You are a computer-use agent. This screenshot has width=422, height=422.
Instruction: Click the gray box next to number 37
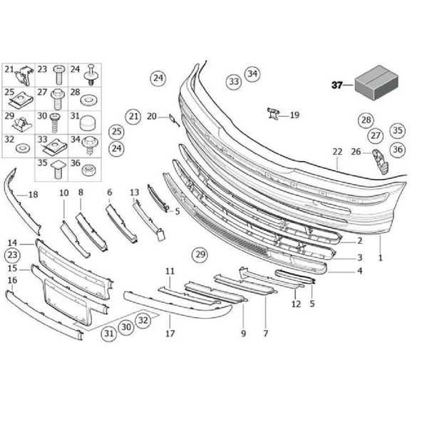click(376, 83)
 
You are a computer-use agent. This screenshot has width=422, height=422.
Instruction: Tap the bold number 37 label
click(336, 85)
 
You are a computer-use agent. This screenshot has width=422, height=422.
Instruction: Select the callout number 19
click(294, 115)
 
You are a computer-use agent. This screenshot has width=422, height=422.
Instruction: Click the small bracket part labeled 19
click(273, 113)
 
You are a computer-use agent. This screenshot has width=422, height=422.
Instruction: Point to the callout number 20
click(152, 116)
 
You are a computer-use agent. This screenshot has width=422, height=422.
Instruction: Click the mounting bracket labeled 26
click(380, 161)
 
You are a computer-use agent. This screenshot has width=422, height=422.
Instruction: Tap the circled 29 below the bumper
click(200, 254)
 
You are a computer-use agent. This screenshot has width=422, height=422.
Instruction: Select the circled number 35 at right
click(398, 130)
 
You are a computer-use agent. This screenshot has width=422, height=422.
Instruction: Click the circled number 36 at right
click(398, 150)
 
